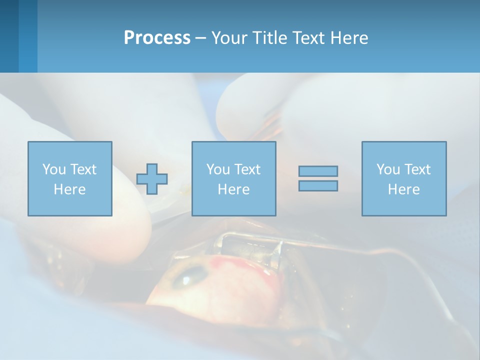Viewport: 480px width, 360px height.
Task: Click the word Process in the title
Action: coord(157,38)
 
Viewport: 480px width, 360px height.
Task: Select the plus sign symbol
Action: coord(152,179)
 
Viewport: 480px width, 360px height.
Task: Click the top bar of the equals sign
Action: coord(318,171)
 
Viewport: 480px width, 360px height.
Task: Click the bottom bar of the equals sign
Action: coord(318,185)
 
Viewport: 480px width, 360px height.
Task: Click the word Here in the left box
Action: coord(70,189)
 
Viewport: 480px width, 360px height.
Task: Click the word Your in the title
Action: coord(230,38)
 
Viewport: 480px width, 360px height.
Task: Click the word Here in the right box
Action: coord(404,189)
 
